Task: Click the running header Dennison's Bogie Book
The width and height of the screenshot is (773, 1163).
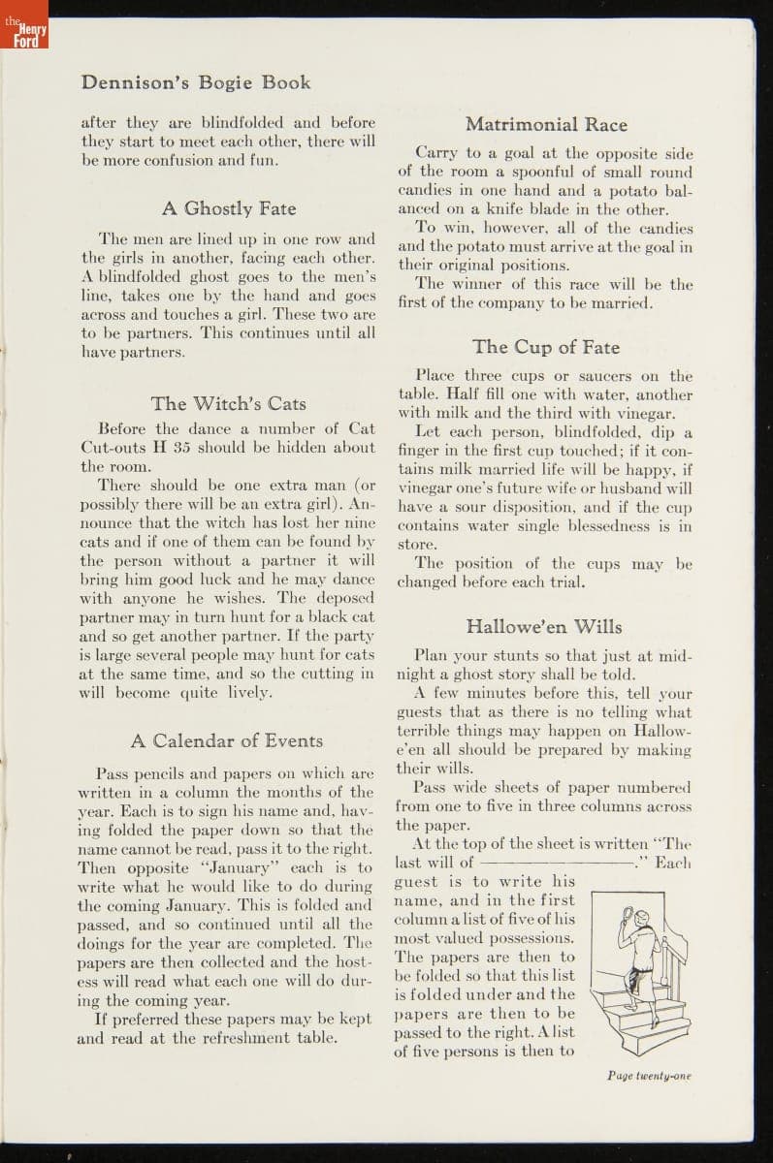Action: coord(196,82)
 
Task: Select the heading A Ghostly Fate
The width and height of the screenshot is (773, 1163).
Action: coord(228,208)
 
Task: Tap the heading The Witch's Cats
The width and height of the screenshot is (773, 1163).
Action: coord(228,403)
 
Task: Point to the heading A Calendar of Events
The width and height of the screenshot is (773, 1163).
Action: coord(227,740)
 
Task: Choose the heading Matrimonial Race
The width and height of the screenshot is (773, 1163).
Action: coord(546,124)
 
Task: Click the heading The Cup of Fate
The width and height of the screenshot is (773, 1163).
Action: coord(546,347)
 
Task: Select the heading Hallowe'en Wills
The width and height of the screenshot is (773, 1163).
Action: coord(544,626)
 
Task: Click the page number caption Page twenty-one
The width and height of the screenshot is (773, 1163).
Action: coord(649,1075)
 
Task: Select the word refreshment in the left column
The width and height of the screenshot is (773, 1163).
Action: coord(239,1037)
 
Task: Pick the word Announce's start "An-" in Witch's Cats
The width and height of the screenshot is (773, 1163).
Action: coord(361,504)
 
